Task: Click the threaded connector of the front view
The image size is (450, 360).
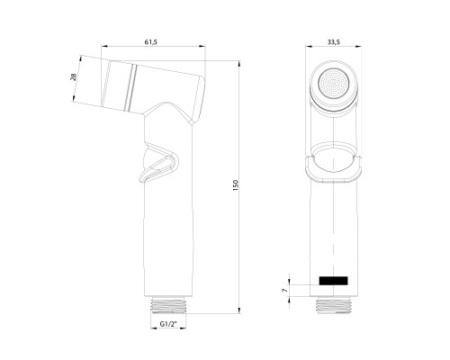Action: coord(335,304)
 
